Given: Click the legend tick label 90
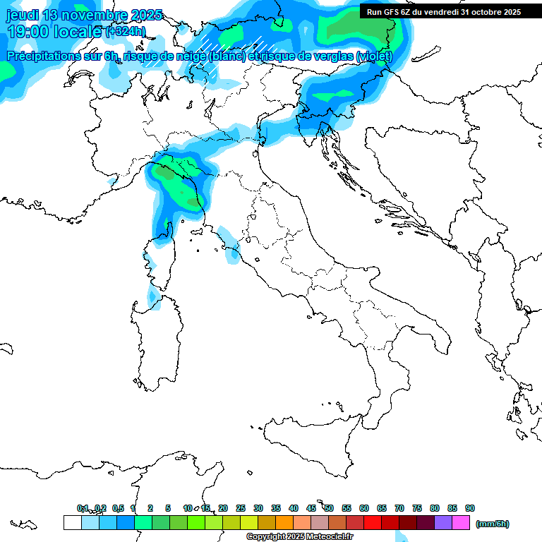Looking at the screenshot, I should pos(470,508).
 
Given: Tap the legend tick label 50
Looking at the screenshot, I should pos(329,508).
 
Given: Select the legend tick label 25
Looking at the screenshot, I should pos(241,508).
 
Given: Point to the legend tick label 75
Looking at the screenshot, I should pos(417,508).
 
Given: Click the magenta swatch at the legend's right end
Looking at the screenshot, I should pos(461,522).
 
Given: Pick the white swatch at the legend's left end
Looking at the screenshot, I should pos(72,522).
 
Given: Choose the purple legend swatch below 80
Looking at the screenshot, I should pos(443,522).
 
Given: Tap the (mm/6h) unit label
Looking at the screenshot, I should pos(493,524).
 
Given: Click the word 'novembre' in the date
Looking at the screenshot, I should pos(94,15).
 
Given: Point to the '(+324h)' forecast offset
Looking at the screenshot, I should pos(126,32).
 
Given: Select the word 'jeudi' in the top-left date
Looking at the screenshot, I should pos(22,15).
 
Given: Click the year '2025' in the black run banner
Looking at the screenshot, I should pos(510,12).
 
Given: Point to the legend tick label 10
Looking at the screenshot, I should pos(188,508).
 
